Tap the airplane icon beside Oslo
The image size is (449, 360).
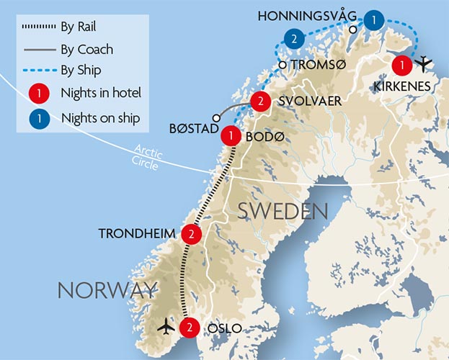[166, 326]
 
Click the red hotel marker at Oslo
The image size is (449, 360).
[188, 327]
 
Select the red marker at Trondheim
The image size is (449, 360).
[191, 233]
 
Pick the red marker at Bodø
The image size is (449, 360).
[231, 135]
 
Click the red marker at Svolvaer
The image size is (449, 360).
[260, 102]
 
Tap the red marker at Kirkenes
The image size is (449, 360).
[401, 66]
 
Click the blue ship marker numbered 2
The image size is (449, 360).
[293, 38]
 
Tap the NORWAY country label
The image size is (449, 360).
[107, 290]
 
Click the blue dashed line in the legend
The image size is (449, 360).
[43, 71]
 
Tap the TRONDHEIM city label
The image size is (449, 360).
[142, 233]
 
